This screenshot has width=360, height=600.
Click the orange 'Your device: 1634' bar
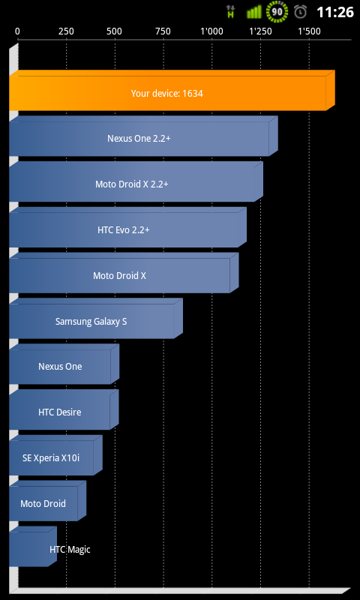tap(172, 90)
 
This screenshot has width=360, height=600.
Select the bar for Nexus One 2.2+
tap(143, 136)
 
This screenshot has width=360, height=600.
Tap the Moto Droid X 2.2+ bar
tap(136, 181)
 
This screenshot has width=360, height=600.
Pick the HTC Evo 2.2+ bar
tap(127, 227)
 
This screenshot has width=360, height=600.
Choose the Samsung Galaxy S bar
tap(96, 318)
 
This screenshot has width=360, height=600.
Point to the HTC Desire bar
tap(64, 409)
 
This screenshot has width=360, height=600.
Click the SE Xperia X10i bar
tap(55, 455)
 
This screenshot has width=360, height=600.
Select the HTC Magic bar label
tap(70, 550)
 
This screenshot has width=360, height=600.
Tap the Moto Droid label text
tap(43, 503)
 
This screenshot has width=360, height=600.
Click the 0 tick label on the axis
tap(17, 31)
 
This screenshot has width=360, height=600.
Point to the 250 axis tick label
tap(66, 31)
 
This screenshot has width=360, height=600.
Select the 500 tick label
tap(115, 31)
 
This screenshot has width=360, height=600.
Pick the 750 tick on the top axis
tap(163, 31)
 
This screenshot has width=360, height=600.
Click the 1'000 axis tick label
tap(212, 31)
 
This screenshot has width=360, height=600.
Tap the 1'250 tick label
tap(260, 31)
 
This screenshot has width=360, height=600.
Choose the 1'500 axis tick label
tap(309, 31)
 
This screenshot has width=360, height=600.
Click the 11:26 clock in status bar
tap(335, 12)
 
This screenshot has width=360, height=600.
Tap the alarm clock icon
tap(300, 12)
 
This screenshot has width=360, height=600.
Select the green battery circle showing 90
tap(277, 11)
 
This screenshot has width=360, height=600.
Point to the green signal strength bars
tap(253, 12)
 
